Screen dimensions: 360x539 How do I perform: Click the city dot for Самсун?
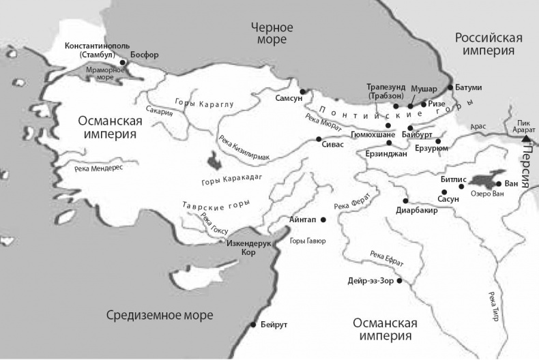pos(302,91)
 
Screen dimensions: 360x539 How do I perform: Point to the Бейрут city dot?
pos(254,325)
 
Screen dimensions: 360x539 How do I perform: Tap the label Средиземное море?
pos(160,315)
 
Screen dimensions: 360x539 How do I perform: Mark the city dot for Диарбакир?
pos(406,200)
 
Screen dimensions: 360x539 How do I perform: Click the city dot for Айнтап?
pos(323,220)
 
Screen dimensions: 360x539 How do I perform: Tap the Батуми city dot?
pos(450,88)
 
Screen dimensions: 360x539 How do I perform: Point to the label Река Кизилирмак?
pos(244,148)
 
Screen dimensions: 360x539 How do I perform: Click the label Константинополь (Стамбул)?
pos(95,50)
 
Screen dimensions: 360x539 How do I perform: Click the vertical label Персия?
pos(526,166)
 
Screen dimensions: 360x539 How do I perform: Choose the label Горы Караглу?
pos(205,104)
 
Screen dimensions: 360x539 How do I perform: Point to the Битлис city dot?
pos(462,185)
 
